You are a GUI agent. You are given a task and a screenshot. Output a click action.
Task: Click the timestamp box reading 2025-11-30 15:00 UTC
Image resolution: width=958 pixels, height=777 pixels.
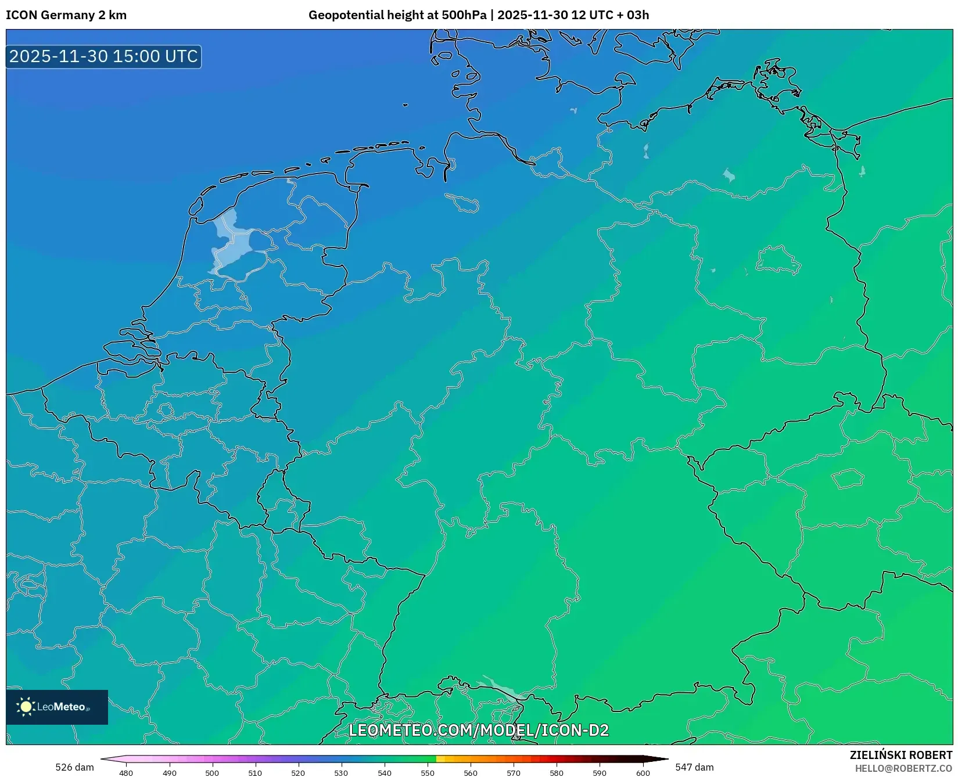tap(103, 56)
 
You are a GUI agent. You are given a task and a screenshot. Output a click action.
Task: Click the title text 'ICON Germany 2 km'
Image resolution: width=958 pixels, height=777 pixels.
tap(66, 15)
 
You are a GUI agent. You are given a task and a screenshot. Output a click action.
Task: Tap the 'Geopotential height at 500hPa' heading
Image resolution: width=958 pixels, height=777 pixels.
tap(398, 15)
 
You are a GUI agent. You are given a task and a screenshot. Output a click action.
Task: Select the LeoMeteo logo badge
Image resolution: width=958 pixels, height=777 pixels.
tap(57, 707)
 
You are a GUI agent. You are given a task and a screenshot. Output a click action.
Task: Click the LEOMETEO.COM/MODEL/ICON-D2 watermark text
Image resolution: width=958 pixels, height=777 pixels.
tap(479, 730)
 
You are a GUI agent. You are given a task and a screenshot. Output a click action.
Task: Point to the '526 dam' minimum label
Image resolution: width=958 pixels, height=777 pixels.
tap(74, 767)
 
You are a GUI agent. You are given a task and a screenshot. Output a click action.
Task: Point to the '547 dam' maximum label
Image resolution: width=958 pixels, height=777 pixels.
tap(694, 767)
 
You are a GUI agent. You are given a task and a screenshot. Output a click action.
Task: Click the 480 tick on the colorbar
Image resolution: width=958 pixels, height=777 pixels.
tap(126, 773)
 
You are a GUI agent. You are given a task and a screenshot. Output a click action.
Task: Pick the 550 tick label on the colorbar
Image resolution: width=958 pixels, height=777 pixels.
tap(428, 773)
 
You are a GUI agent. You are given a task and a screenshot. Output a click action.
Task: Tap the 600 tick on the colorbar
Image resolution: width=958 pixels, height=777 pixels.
tap(643, 773)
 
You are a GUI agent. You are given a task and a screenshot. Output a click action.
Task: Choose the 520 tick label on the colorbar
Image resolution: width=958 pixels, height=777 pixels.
tap(298, 773)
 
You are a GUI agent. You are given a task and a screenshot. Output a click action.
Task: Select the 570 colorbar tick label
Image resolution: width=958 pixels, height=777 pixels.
tap(514, 773)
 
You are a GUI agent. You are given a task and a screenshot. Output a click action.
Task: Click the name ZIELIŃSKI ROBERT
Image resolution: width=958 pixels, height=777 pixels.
tap(901, 755)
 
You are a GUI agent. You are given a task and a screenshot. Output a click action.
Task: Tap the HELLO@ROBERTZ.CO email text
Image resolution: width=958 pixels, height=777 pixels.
tap(903, 768)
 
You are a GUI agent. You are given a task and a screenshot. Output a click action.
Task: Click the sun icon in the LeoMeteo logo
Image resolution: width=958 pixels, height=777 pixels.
tap(26, 707)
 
